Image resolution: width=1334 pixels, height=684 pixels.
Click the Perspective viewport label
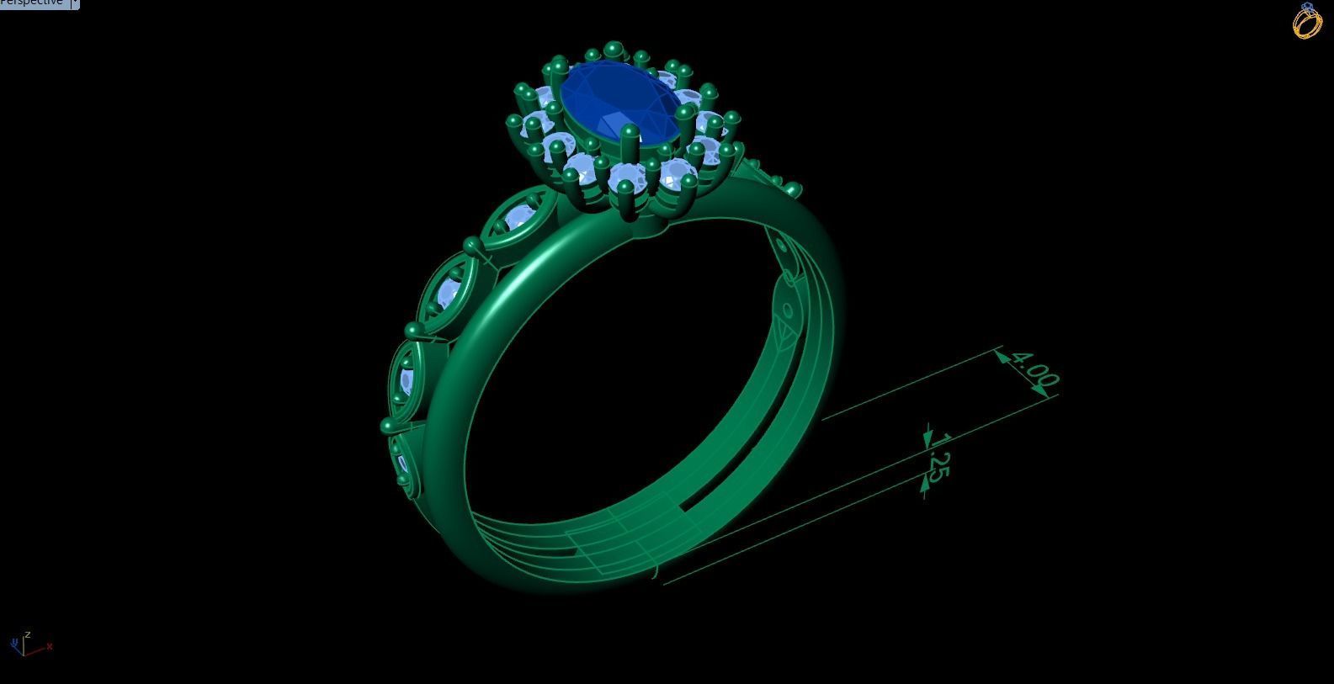coord(32,3)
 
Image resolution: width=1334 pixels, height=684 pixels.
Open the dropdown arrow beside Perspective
coord(75,3)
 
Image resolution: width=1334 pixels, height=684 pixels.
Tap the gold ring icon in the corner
coord(1307,21)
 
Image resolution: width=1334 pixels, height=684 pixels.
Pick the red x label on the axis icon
coord(50,646)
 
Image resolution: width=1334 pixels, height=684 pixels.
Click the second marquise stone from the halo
coord(448,292)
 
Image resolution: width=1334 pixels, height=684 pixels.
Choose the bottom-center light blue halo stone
coord(627,178)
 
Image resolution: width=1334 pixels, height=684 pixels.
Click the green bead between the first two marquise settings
coord(470,246)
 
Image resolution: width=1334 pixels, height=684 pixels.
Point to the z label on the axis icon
coord(28,634)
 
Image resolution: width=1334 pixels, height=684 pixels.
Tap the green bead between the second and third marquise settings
coord(413,330)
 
